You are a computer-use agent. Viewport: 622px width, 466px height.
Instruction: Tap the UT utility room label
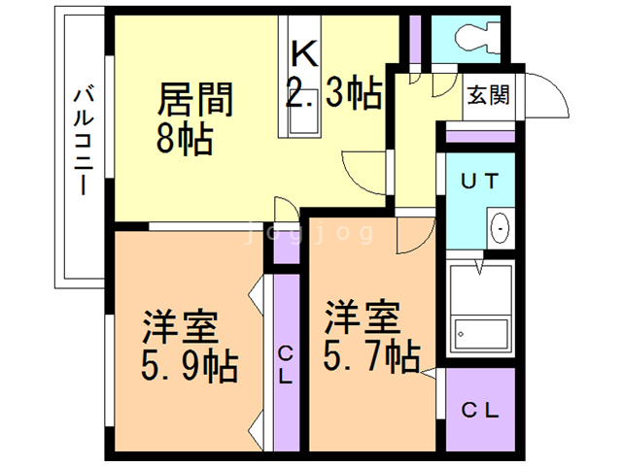[x=479, y=180]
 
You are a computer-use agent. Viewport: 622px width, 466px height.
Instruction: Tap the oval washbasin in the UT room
[x=500, y=228]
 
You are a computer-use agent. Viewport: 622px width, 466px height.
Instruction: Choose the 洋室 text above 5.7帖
[x=362, y=317]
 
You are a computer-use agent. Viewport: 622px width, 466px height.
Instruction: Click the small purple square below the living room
[x=285, y=247]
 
